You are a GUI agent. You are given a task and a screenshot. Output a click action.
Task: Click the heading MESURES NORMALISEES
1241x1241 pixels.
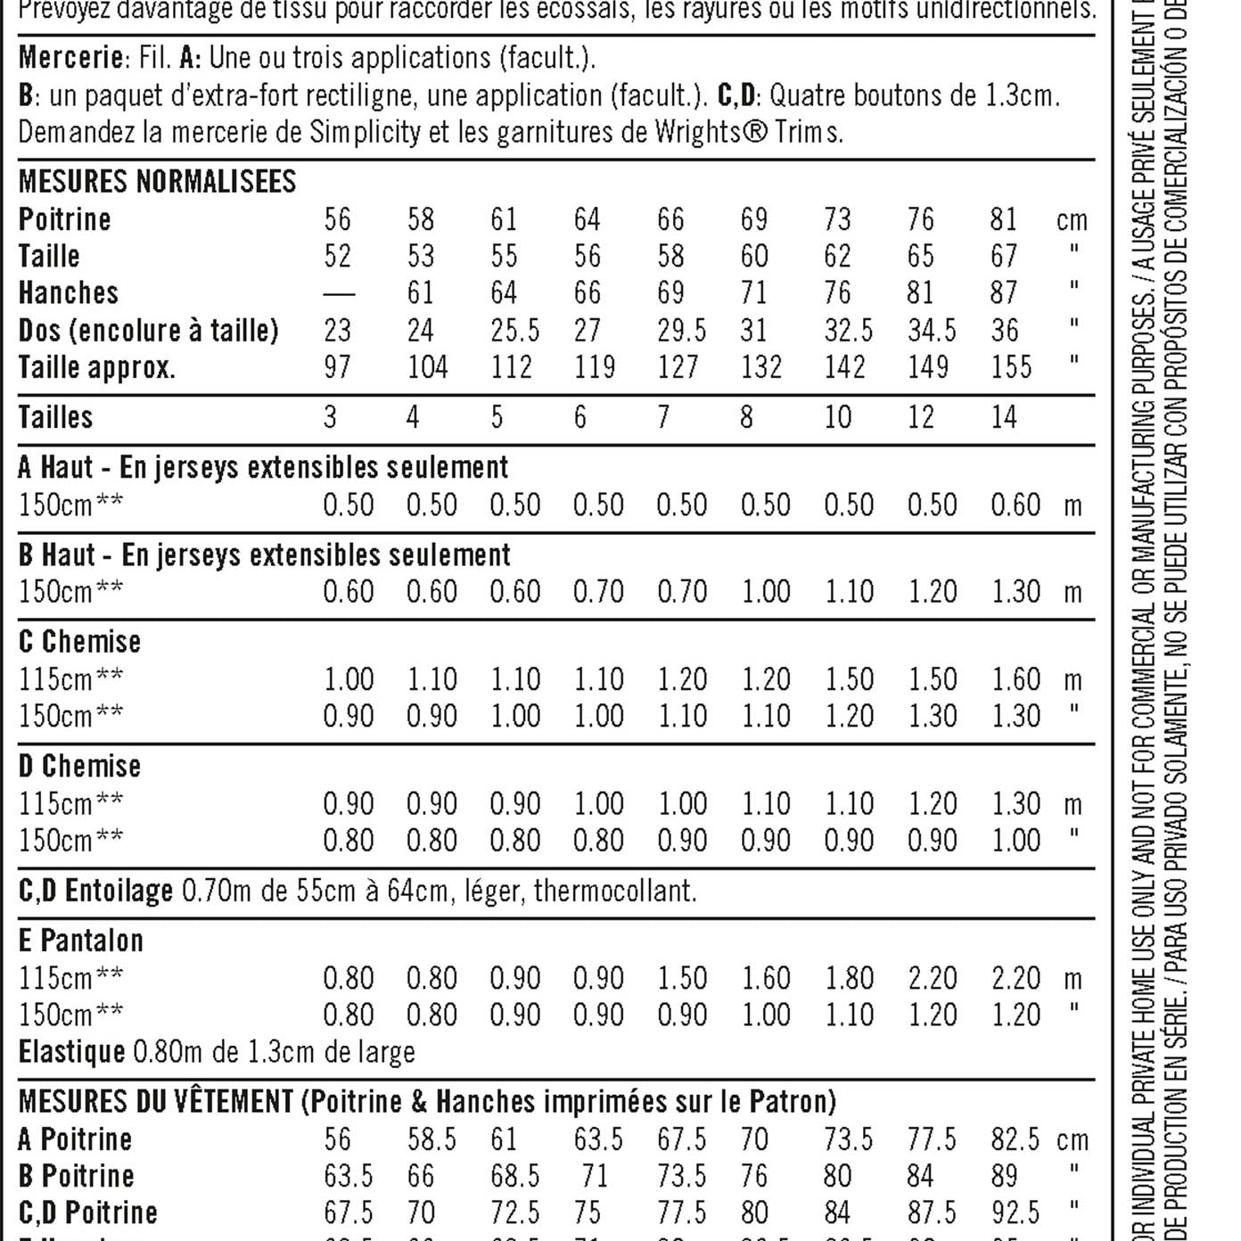point(157,182)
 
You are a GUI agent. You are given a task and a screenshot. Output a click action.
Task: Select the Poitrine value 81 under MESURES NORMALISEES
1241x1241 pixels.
point(1004,219)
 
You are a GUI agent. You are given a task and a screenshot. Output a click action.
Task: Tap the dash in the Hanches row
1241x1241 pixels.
point(338,293)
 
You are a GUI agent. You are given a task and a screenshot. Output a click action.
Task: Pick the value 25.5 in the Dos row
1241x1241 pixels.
point(514,331)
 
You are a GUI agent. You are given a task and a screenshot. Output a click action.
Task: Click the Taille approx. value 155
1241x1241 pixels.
point(1011,367)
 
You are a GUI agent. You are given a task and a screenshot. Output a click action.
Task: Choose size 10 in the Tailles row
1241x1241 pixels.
point(838,416)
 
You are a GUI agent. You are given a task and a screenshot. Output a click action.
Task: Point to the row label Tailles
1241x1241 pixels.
point(55,416)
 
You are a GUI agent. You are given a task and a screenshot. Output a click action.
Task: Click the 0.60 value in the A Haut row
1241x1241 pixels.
point(1015,505)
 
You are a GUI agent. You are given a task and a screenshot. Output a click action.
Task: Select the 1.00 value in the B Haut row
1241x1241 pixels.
point(766,591)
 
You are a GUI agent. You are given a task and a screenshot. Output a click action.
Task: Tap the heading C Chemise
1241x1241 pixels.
point(79,642)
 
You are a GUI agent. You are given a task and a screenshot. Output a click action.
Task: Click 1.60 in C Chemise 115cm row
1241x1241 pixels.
point(1015,679)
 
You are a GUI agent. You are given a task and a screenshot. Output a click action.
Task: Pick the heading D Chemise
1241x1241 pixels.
point(79,766)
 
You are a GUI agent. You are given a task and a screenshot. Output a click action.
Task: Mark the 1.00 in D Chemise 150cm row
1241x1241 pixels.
point(1015,840)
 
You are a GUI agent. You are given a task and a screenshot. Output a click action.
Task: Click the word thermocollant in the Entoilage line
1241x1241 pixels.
point(614,890)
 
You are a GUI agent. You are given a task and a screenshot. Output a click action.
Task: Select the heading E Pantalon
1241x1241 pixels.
point(80,941)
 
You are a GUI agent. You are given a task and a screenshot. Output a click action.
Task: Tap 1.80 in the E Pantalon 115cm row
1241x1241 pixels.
point(849,978)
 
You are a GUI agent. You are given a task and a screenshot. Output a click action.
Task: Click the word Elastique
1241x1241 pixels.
point(71,1052)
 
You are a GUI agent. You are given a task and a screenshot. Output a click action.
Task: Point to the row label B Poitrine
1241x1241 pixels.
point(76,1176)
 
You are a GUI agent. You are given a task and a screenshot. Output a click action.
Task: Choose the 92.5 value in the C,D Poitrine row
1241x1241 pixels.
point(1015,1212)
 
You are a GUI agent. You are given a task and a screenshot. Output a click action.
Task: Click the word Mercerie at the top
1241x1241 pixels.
point(70,58)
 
